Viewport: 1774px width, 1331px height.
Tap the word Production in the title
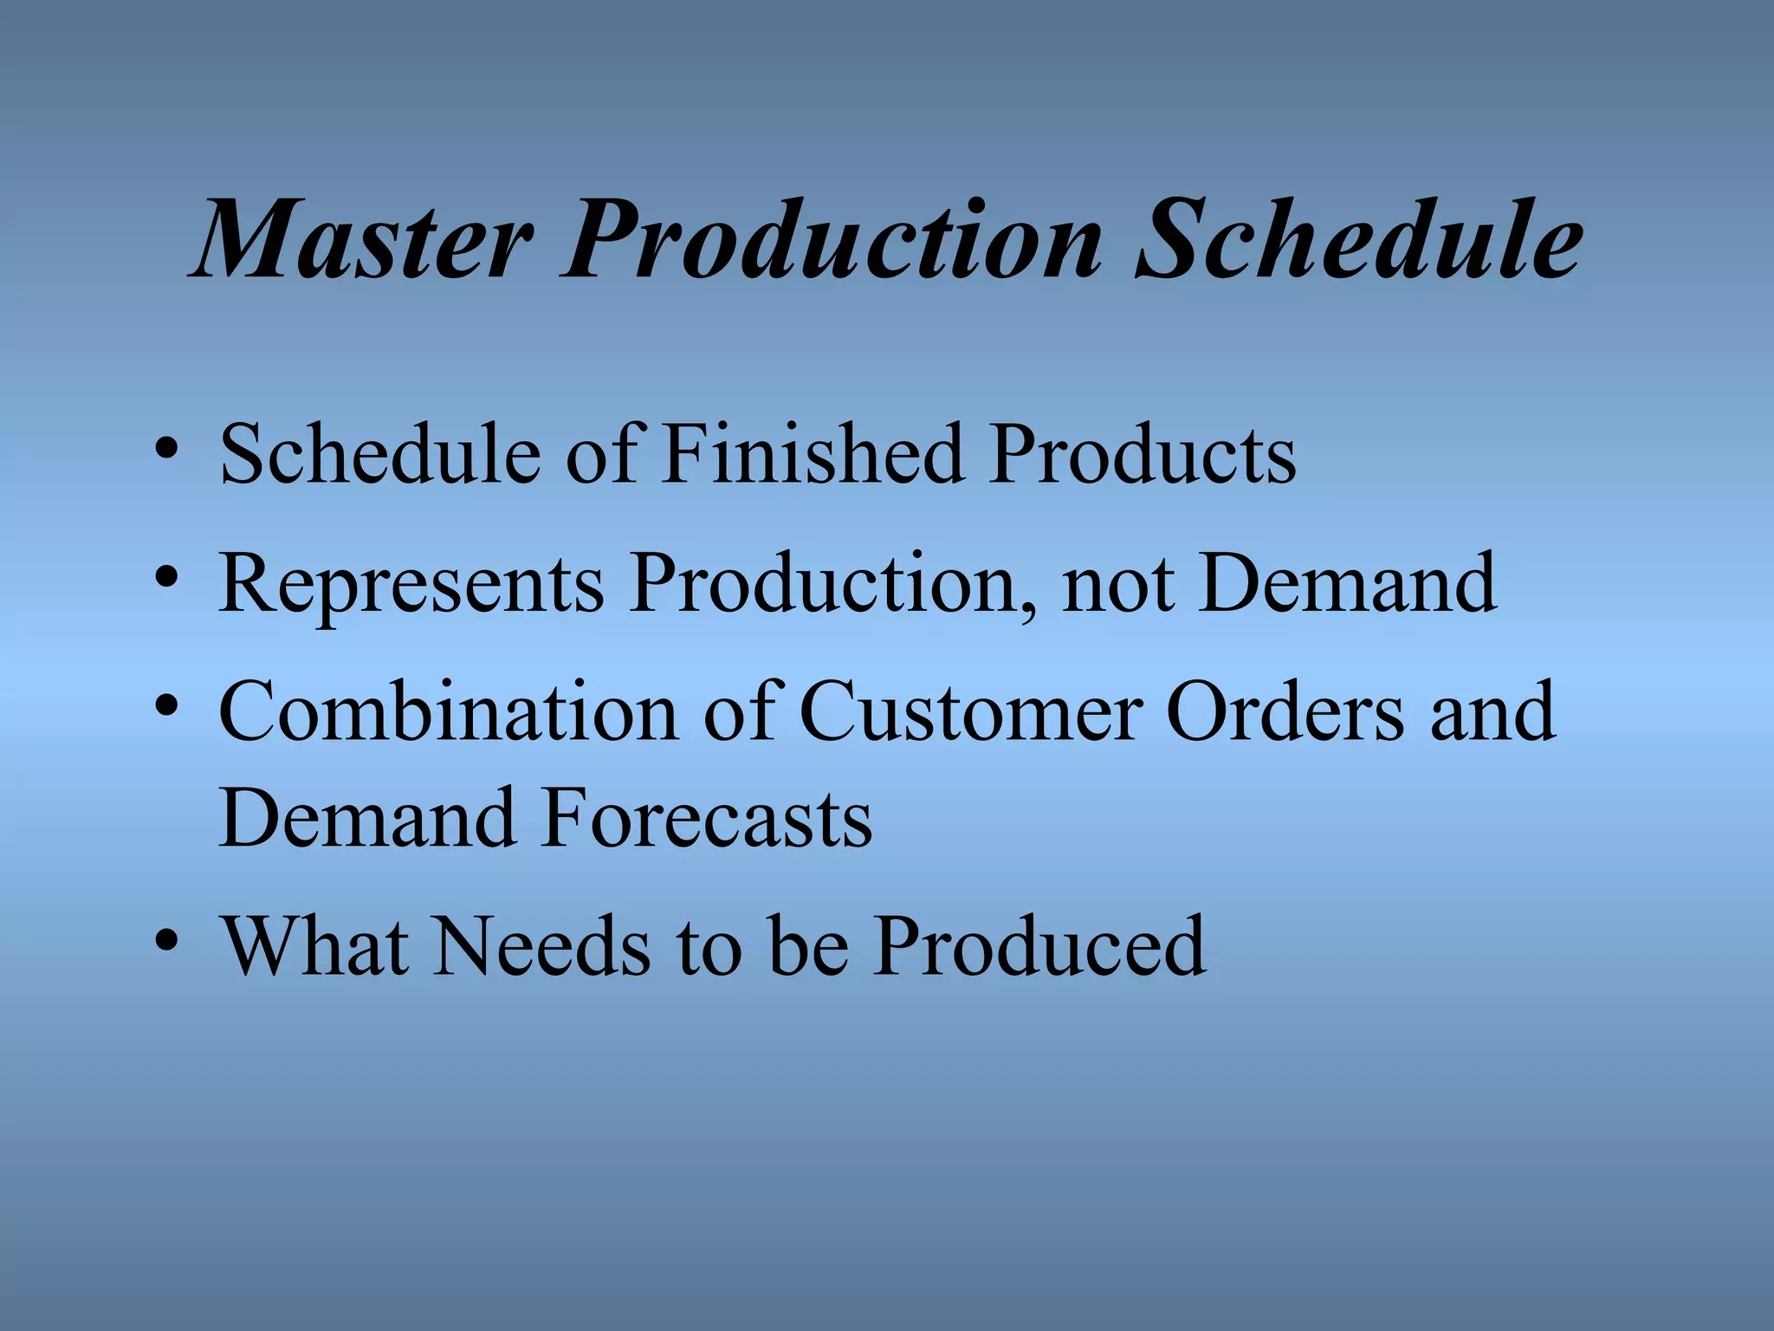pyautogui.click(x=832, y=240)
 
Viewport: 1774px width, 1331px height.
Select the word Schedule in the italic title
pyautogui.click(x=1360, y=240)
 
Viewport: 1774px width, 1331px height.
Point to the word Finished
pyautogui.click(x=813, y=454)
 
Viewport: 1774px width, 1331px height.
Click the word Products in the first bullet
pyautogui.click(x=1143, y=454)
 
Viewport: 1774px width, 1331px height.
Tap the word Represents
pyautogui.click(x=411, y=584)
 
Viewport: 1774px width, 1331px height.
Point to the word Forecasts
pyautogui.click(x=708, y=818)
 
